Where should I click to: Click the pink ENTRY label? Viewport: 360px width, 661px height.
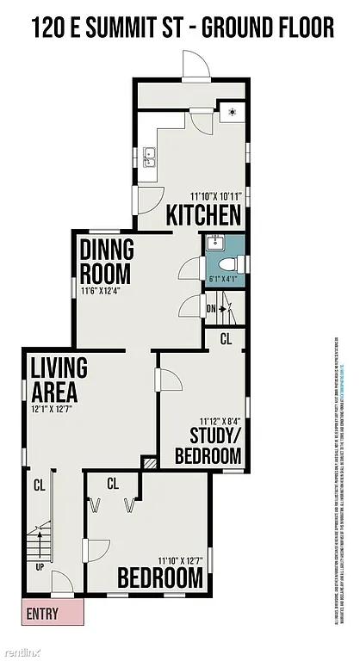click(x=42, y=615)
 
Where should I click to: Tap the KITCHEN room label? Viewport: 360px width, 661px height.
click(x=203, y=214)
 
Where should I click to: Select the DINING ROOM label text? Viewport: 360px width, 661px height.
click(x=107, y=263)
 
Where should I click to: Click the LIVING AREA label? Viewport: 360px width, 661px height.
click(x=59, y=380)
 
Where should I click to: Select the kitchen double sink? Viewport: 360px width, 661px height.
click(x=150, y=157)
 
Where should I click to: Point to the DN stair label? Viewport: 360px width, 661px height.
click(x=211, y=308)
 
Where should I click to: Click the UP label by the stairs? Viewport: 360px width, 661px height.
click(x=38, y=568)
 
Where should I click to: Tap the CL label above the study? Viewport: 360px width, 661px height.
click(x=226, y=339)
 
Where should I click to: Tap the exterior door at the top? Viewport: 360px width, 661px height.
click(x=193, y=65)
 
